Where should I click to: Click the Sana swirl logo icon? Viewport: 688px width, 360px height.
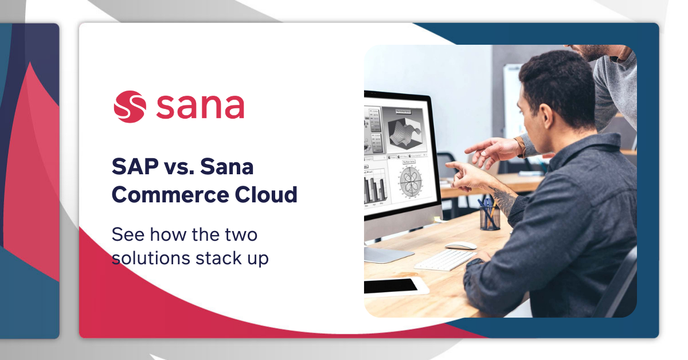point(130,106)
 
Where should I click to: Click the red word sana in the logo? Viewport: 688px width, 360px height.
point(200,107)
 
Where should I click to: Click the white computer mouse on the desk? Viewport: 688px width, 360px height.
point(461,246)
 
